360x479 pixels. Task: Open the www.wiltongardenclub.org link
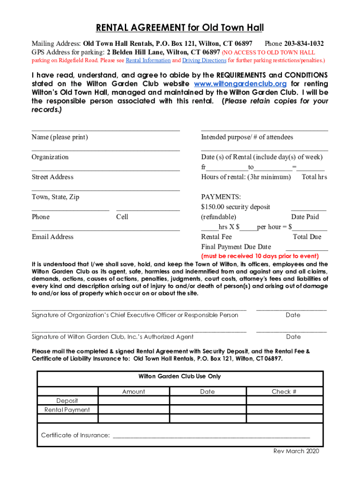(x=240, y=84)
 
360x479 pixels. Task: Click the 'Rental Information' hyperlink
(x=148, y=60)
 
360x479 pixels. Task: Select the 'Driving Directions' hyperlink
(x=204, y=60)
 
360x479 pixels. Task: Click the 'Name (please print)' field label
(x=60, y=137)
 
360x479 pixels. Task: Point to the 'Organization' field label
(x=50, y=157)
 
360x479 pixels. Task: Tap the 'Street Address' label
(x=52, y=177)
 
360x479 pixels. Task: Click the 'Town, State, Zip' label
(x=55, y=197)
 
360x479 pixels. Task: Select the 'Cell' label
(x=122, y=217)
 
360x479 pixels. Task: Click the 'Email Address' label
(x=52, y=237)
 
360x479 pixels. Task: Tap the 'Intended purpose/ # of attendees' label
(x=247, y=137)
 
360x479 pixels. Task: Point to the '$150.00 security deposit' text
(x=235, y=207)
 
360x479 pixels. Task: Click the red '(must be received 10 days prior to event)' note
(x=259, y=256)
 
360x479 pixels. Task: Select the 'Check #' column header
(x=284, y=392)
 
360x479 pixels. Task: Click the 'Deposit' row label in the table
(x=67, y=401)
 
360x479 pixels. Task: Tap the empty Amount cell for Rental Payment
(x=133, y=410)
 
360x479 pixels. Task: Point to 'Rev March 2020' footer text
(x=295, y=451)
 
